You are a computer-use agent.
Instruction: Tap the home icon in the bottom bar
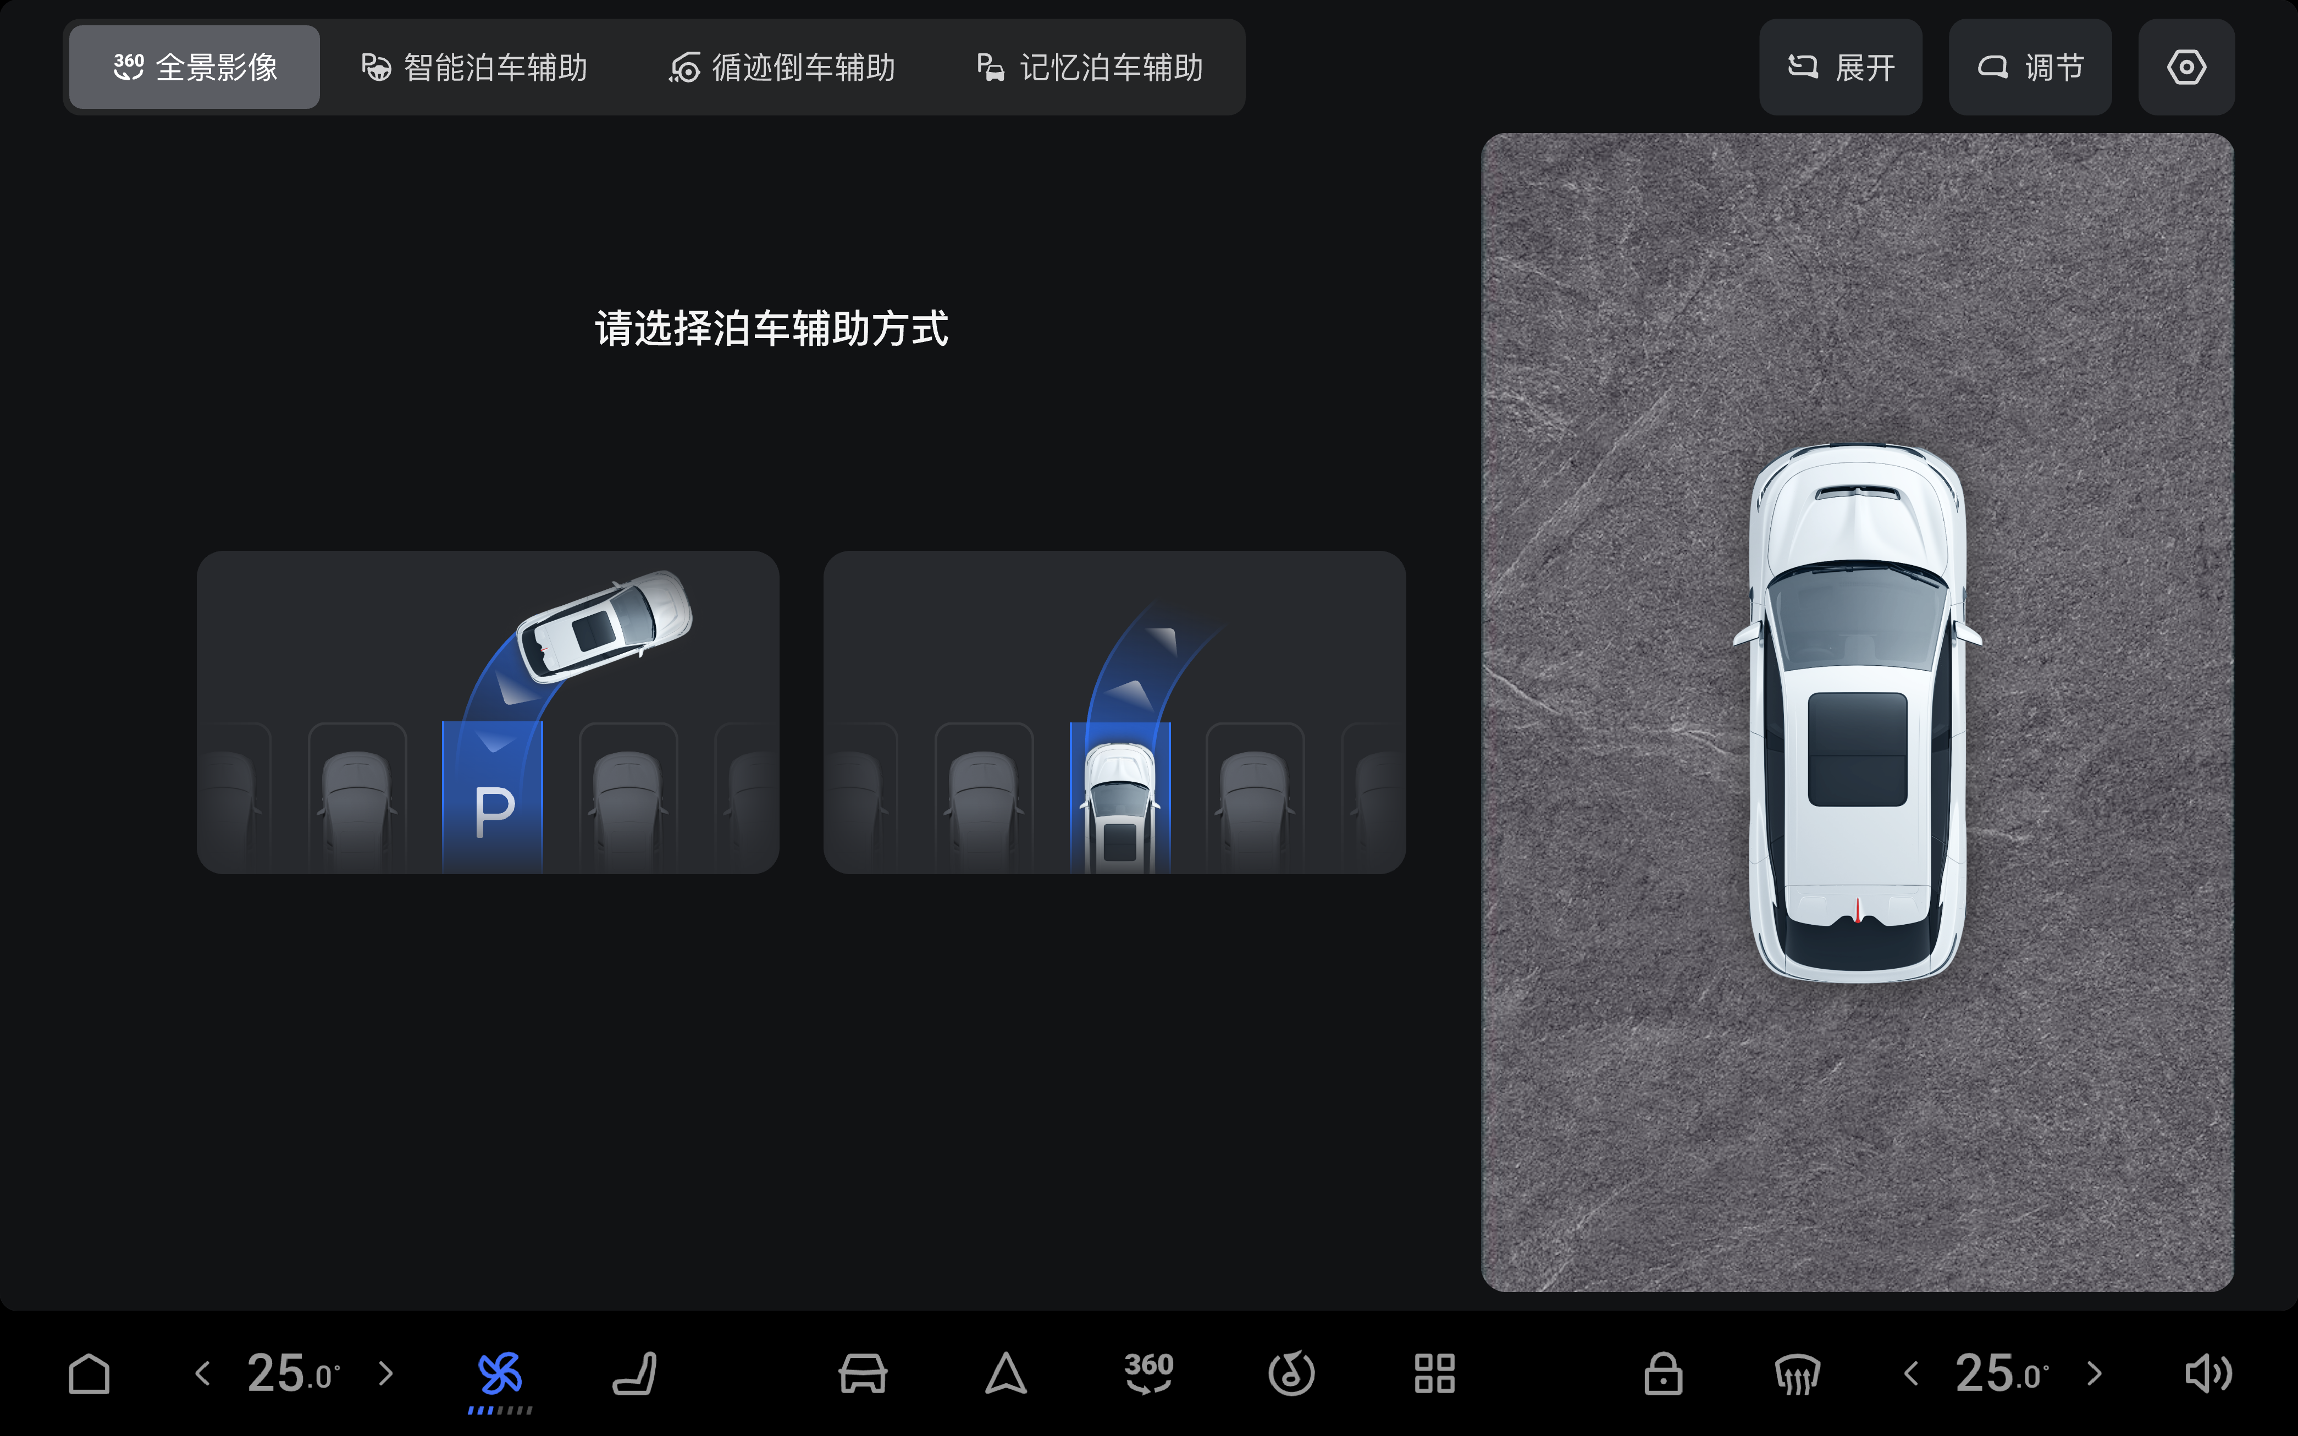pos(89,1373)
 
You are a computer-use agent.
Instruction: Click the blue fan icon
pos(500,1373)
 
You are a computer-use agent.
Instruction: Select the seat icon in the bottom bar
pos(634,1373)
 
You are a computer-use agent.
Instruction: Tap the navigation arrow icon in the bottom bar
pos(1006,1373)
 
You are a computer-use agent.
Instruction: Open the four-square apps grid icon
pos(1434,1373)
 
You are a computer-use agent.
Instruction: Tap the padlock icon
pos(1662,1373)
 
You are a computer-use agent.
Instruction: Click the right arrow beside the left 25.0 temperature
pos(385,1373)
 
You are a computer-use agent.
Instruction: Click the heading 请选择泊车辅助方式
pos(771,329)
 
